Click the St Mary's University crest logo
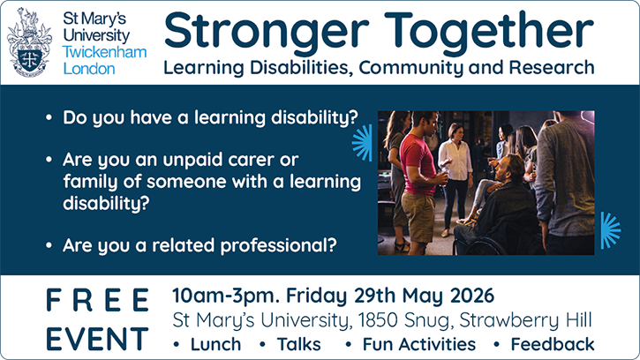[x=30, y=41]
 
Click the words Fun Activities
[x=418, y=343]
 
